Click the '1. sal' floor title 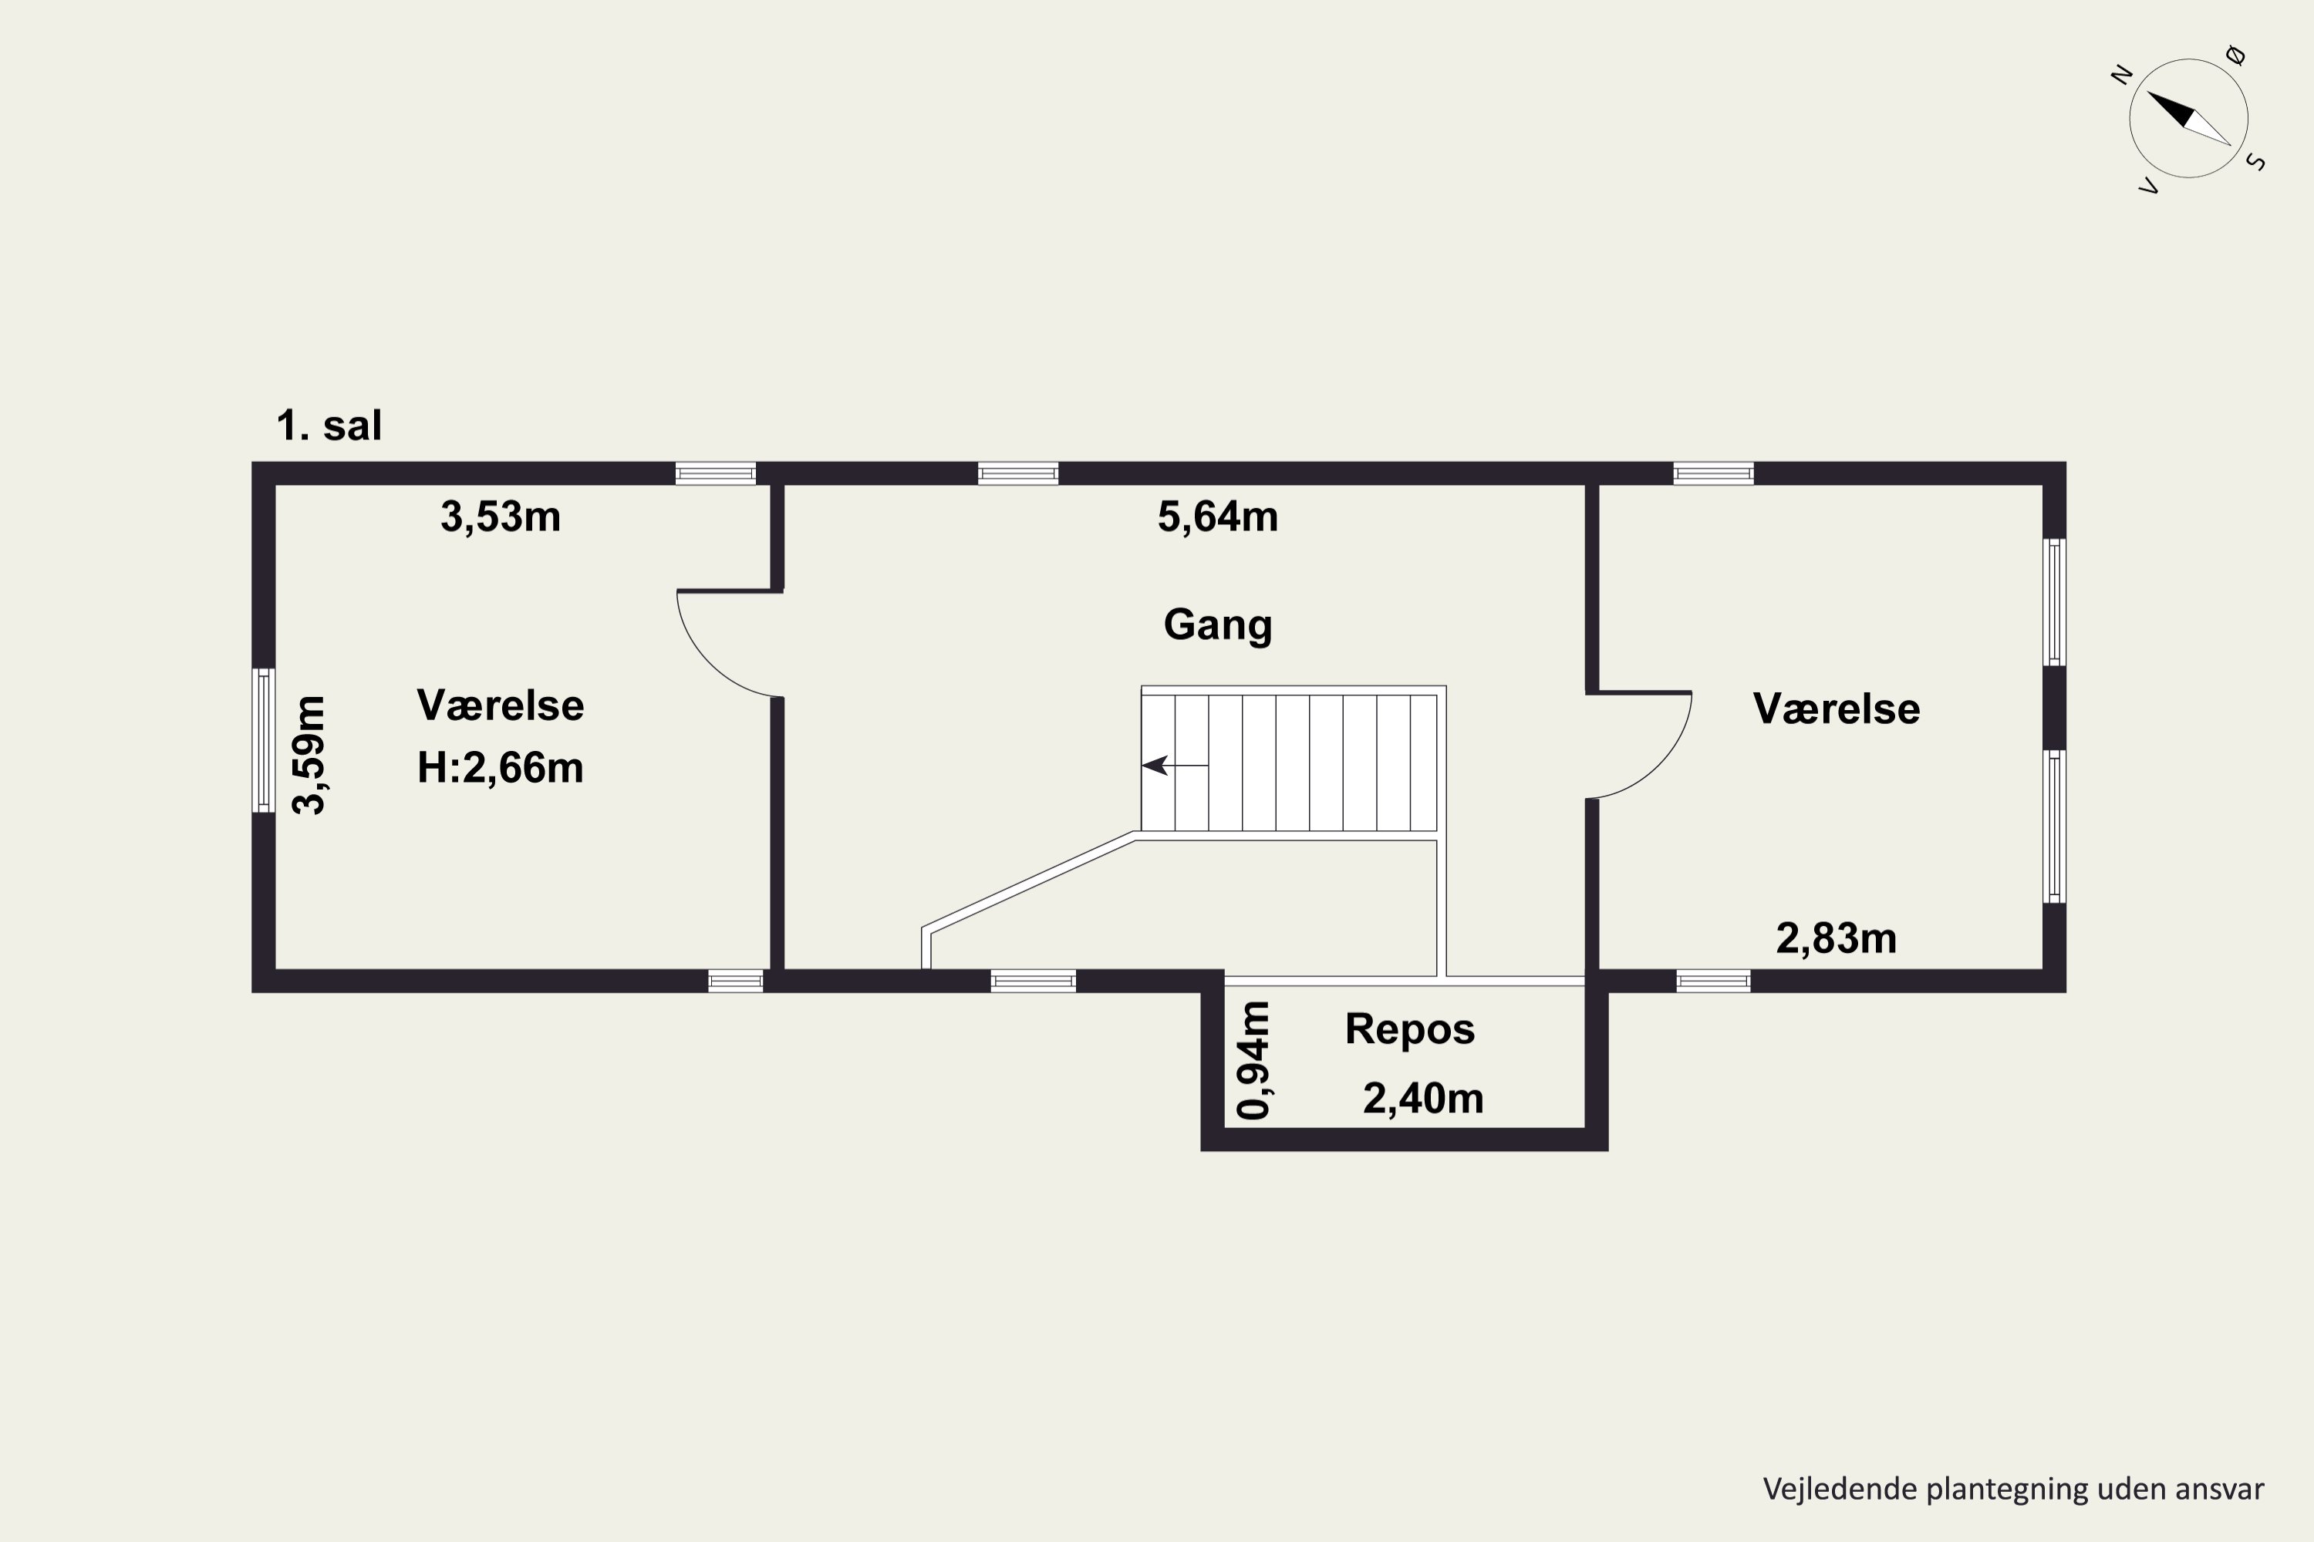coord(329,426)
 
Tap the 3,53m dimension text coord(501,517)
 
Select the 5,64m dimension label coord(1218,517)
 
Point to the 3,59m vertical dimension coord(310,756)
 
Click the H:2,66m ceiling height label coord(501,768)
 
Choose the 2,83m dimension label coord(1837,939)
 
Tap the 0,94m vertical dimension coord(1254,1060)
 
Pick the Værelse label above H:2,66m coord(501,706)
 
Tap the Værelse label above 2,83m coord(1837,710)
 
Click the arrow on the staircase coord(1175,765)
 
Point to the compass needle coord(2189,119)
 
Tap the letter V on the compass coord(2150,186)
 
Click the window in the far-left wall coord(264,740)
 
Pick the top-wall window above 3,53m coord(715,474)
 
